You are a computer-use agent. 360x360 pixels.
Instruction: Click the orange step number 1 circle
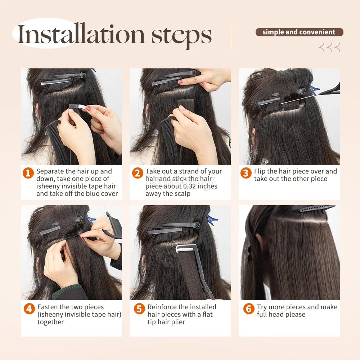[x=28, y=173]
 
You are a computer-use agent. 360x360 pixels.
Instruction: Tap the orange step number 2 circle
[x=138, y=173]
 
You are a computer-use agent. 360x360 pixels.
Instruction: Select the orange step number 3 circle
[x=246, y=173]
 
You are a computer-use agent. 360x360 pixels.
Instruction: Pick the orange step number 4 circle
[x=30, y=309]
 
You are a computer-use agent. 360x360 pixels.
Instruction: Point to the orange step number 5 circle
[x=139, y=309]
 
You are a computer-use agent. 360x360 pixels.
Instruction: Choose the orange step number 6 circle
[x=249, y=309]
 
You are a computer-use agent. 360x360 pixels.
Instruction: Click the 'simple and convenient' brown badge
[x=300, y=32]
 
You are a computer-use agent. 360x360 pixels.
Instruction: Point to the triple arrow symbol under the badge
[x=329, y=47]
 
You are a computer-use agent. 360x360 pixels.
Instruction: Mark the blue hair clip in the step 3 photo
[x=314, y=90]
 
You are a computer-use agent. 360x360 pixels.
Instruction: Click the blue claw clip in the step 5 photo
[x=212, y=220]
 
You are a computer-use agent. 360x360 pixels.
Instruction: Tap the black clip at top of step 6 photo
[x=317, y=209]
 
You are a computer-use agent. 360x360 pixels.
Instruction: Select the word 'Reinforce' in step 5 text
[x=162, y=307]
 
